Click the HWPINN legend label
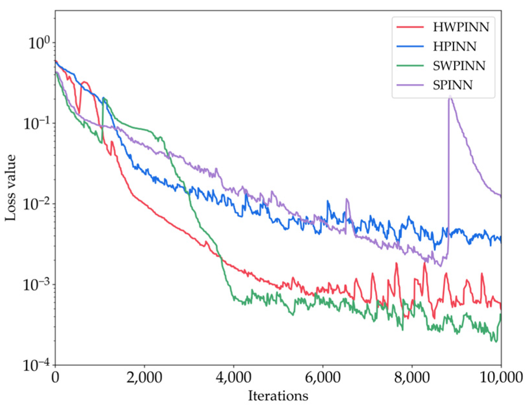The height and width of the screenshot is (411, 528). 461,27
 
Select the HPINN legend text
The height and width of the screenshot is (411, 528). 454,47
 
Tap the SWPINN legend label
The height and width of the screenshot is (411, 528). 459,66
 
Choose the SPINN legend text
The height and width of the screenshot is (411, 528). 452,85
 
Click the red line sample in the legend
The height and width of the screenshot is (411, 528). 410,27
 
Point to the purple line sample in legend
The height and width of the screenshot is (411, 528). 410,85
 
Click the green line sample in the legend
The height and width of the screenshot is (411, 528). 410,66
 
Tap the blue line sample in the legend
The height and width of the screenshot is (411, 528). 410,47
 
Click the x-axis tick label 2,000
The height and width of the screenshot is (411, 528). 144,378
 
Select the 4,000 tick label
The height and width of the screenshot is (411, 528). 234,378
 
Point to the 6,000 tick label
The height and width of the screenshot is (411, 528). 323,378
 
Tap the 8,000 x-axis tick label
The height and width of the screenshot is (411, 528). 412,378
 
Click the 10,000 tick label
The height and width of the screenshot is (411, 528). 501,378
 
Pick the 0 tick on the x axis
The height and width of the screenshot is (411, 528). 55,378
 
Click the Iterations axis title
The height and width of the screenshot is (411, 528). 278,396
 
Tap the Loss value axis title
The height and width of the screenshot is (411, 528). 10,188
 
